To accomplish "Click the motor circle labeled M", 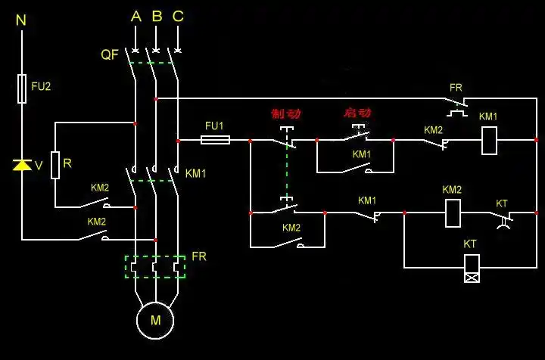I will click(155, 320).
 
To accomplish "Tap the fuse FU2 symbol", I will click(22, 88).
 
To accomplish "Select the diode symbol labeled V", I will click(22, 165).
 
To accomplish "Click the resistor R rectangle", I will click(55, 164).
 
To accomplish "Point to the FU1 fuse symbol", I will click(215, 140).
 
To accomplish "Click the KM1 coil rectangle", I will click(489, 140).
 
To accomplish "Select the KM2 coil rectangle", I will click(452, 213).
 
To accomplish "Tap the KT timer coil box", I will click(471, 267).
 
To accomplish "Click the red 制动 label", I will click(285, 114).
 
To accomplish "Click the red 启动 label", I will click(357, 113).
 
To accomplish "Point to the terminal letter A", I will click(135, 17).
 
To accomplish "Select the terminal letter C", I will click(178, 17).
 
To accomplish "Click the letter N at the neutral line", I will click(21, 20).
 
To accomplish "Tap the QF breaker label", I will click(110, 54).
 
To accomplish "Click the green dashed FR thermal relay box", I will click(155, 266).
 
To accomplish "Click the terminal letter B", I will click(157, 17).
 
